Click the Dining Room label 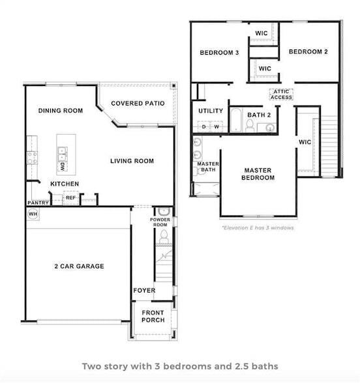click(x=60, y=111)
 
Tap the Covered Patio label click(x=138, y=104)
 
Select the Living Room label click(x=132, y=161)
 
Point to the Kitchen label click(x=65, y=184)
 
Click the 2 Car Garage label click(x=78, y=266)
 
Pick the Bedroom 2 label click(x=308, y=52)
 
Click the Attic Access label click(x=282, y=94)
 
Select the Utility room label click(x=211, y=111)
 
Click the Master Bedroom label click(x=257, y=174)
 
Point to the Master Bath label click(x=207, y=167)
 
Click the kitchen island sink click(x=63, y=154)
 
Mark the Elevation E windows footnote click(x=258, y=228)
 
